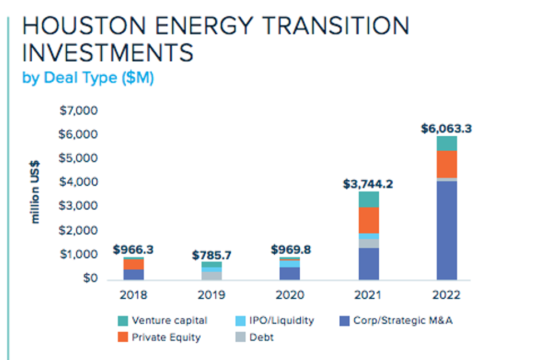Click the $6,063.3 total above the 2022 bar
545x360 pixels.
pos(446,129)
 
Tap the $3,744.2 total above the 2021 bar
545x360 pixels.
pos(368,184)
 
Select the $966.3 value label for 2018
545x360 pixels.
pos(133,250)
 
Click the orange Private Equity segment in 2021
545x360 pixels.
pos(368,220)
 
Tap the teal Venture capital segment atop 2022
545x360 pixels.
pos(447,144)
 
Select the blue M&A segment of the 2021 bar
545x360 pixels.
pos(368,264)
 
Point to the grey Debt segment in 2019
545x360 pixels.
pos(212,275)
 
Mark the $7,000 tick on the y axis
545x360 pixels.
pos(78,111)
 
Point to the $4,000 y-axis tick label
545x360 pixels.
pos(78,183)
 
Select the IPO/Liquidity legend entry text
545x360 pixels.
pos(281,320)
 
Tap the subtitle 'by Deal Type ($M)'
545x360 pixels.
pos(88,78)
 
